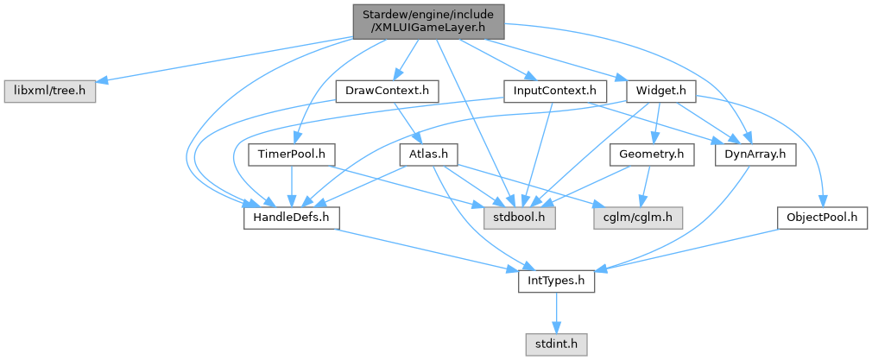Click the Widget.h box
click(x=660, y=90)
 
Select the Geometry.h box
click(x=652, y=155)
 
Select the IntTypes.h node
click(x=556, y=281)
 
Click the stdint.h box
click(x=556, y=344)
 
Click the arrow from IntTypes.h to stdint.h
click(x=556, y=313)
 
